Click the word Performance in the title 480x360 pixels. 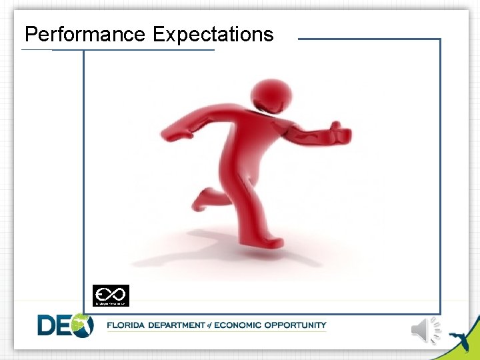pos(86,35)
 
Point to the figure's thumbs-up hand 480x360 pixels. pos(339,131)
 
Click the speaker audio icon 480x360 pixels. pos(426,329)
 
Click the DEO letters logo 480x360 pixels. pos(65,325)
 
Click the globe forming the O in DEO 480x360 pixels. pos(82,325)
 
